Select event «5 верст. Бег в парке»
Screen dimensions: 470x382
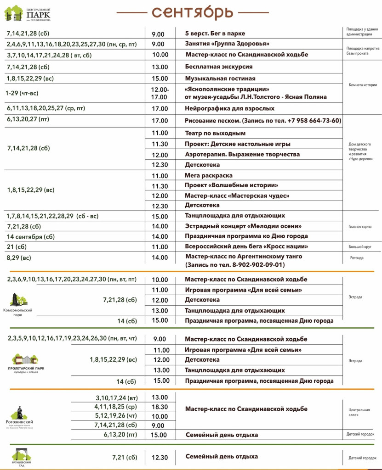[x=215, y=34]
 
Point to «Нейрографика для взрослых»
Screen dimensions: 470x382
[x=229, y=108]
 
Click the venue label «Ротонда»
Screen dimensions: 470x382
[x=357, y=258]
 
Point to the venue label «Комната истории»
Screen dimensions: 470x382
[x=363, y=85]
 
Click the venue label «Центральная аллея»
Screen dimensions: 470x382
[x=359, y=412]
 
